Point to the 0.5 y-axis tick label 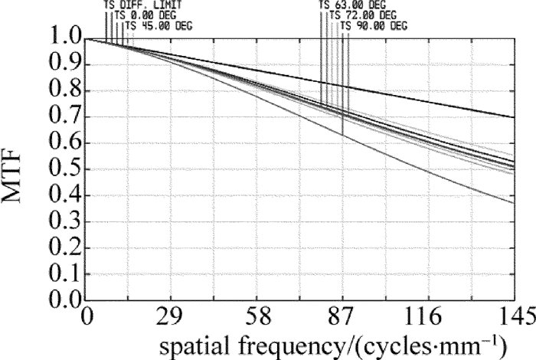62,169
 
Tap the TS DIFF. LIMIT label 143,5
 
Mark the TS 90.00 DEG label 373,25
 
